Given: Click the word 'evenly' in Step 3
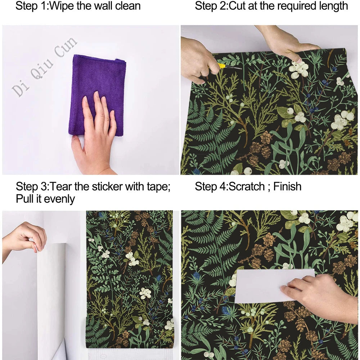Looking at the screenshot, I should click(58, 199).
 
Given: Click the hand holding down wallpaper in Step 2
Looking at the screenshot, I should click(288, 41).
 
